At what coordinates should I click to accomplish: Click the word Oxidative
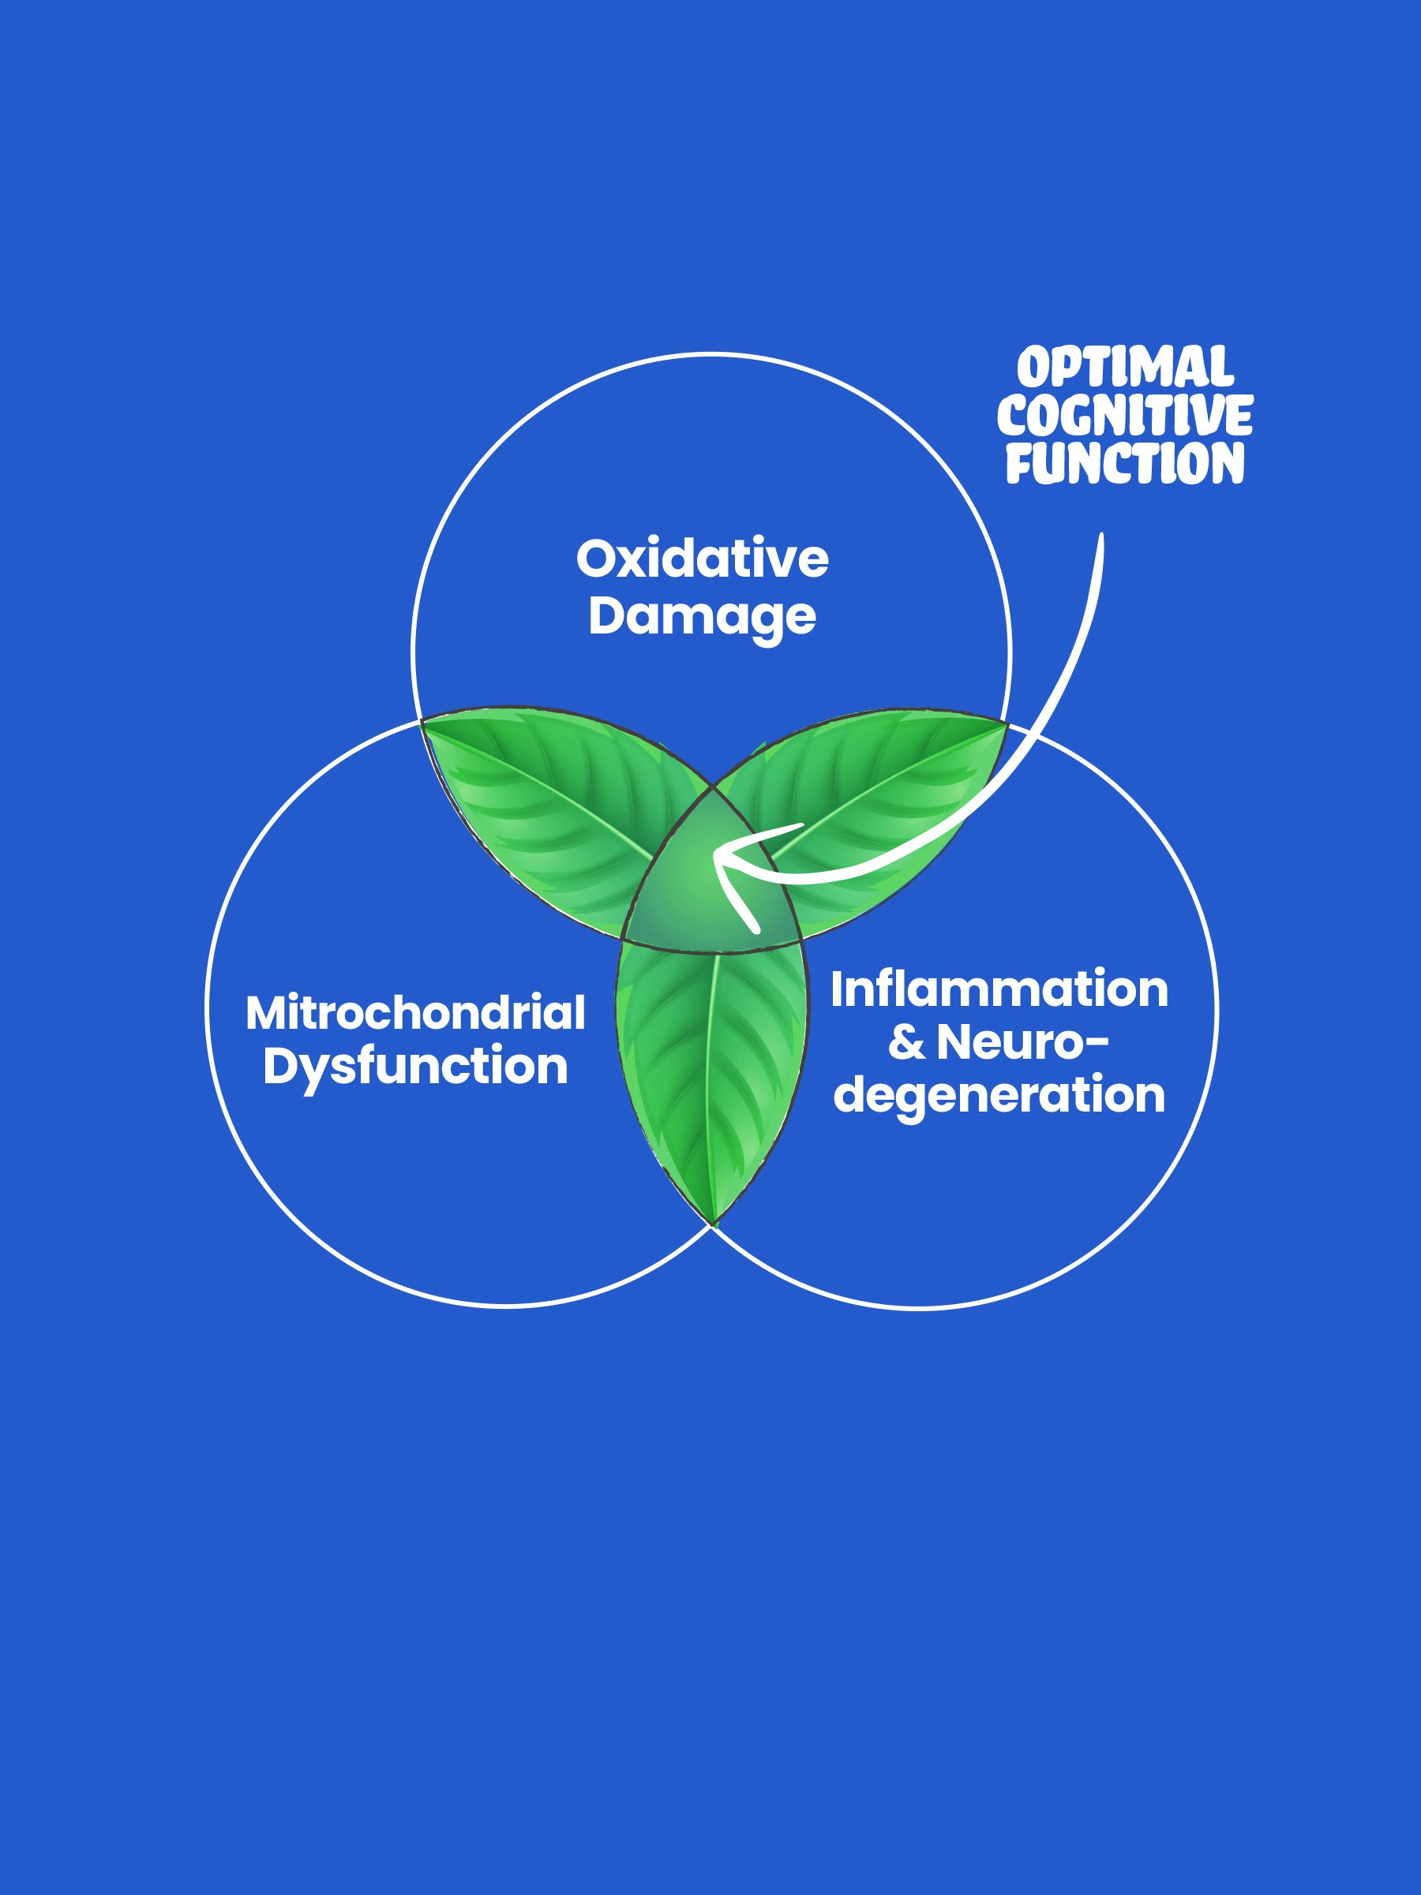702,559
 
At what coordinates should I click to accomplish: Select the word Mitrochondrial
416,1013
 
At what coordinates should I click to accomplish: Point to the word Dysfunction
416,1067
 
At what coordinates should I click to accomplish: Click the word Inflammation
999,989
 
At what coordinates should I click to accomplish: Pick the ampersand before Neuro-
907,1043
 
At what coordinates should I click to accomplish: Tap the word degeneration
999,1096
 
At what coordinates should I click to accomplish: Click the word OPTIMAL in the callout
1125,368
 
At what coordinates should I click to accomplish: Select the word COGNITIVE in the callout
1124,417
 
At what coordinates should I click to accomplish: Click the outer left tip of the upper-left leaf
423,722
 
